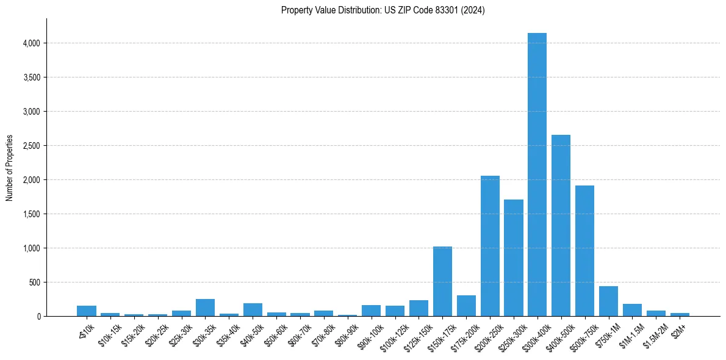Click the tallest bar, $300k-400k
pyautogui.click(x=537, y=177)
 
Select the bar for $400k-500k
pyautogui.click(x=561, y=226)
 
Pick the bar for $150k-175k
pyautogui.click(x=442, y=281)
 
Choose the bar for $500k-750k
pyautogui.click(x=584, y=251)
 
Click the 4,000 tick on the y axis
pyautogui.click(x=31, y=43)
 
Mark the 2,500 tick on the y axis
pyautogui.click(x=31, y=146)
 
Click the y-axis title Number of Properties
pyautogui.click(x=10, y=168)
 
